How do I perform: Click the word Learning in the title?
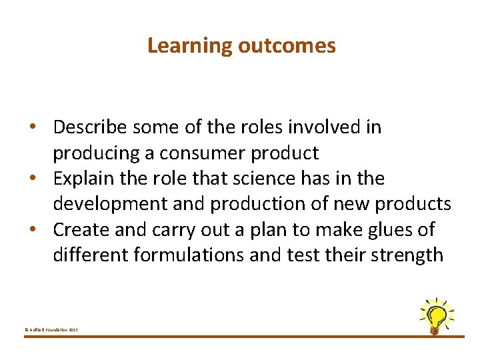coord(189,46)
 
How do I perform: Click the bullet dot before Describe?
coord(41,127)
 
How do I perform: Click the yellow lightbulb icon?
coord(436,315)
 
